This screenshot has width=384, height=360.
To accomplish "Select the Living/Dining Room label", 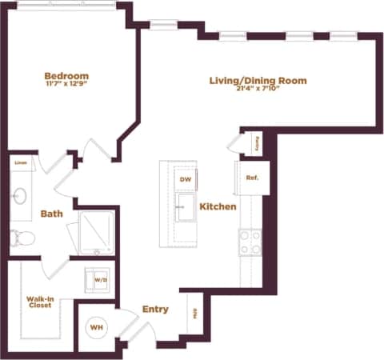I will (258, 81).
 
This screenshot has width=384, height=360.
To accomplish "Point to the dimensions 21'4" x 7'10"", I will (258, 90).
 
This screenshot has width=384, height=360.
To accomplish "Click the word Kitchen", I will (218, 206).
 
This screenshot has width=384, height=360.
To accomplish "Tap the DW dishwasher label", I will (185, 180).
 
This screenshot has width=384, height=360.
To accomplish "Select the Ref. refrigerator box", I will (250, 178).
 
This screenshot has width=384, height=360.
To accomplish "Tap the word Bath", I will (51, 214).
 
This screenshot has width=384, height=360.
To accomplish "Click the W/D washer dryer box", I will (100, 280).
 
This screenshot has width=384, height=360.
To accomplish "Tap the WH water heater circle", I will (96, 328).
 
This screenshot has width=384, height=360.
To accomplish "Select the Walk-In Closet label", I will (40, 305).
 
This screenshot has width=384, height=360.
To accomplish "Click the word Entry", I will (154, 309).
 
